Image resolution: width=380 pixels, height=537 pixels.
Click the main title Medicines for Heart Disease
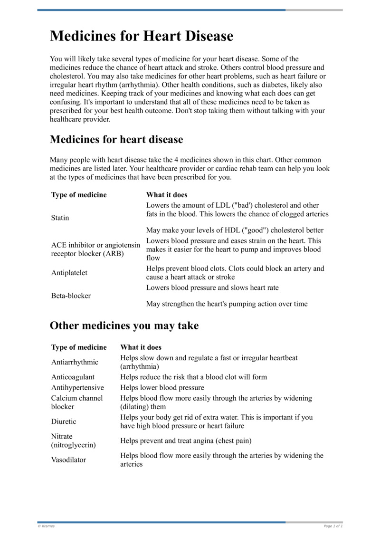(x=142, y=36)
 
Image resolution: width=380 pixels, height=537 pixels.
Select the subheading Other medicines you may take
(x=124, y=326)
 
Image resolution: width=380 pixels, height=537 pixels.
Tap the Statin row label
(x=60, y=218)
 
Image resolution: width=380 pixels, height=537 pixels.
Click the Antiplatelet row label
(x=69, y=273)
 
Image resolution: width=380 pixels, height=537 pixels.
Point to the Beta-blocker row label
(x=71, y=296)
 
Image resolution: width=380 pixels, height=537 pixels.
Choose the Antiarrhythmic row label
(x=75, y=362)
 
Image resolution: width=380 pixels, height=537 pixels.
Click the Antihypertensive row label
(x=77, y=388)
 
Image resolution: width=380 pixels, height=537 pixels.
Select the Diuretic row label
(x=64, y=422)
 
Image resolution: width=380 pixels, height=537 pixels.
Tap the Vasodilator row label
(x=68, y=460)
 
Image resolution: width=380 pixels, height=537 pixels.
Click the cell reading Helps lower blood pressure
(x=162, y=388)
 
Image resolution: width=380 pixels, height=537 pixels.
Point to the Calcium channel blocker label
(x=77, y=403)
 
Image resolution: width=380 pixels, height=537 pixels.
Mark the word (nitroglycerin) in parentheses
(x=74, y=445)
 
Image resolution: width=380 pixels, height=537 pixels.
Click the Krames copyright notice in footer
(x=46, y=526)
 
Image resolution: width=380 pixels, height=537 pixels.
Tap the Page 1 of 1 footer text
(x=333, y=526)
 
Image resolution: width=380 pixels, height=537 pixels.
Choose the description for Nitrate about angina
(x=186, y=441)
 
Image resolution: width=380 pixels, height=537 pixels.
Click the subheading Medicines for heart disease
(x=116, y=140)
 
